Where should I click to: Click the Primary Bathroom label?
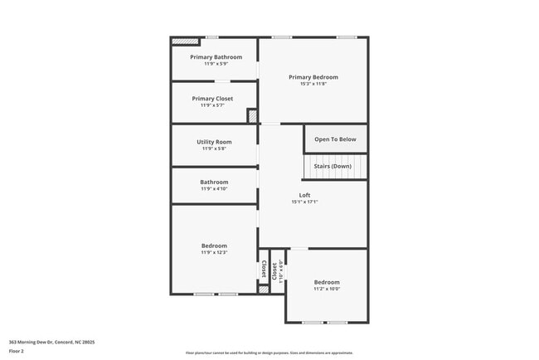(216, 57)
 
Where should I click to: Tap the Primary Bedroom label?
(313, 77)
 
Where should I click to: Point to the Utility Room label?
(214, 142)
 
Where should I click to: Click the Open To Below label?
(335, 139)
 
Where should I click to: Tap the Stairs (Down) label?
(332, 166)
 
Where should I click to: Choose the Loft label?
(304, 195)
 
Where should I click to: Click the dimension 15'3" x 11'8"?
(313, 84)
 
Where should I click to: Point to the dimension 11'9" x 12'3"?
(214, 252)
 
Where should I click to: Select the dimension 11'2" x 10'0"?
(327, 289)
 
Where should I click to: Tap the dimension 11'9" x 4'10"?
(214, 189)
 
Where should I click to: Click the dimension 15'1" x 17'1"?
(304, 202)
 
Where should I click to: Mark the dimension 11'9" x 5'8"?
(214, 148)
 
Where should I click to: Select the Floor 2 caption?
(17, 351)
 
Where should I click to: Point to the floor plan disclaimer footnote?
(269, 353)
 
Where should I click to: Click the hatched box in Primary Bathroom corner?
(185, 40)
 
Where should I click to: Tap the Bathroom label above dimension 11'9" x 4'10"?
(214, 182)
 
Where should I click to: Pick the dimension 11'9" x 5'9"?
(216, 64)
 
